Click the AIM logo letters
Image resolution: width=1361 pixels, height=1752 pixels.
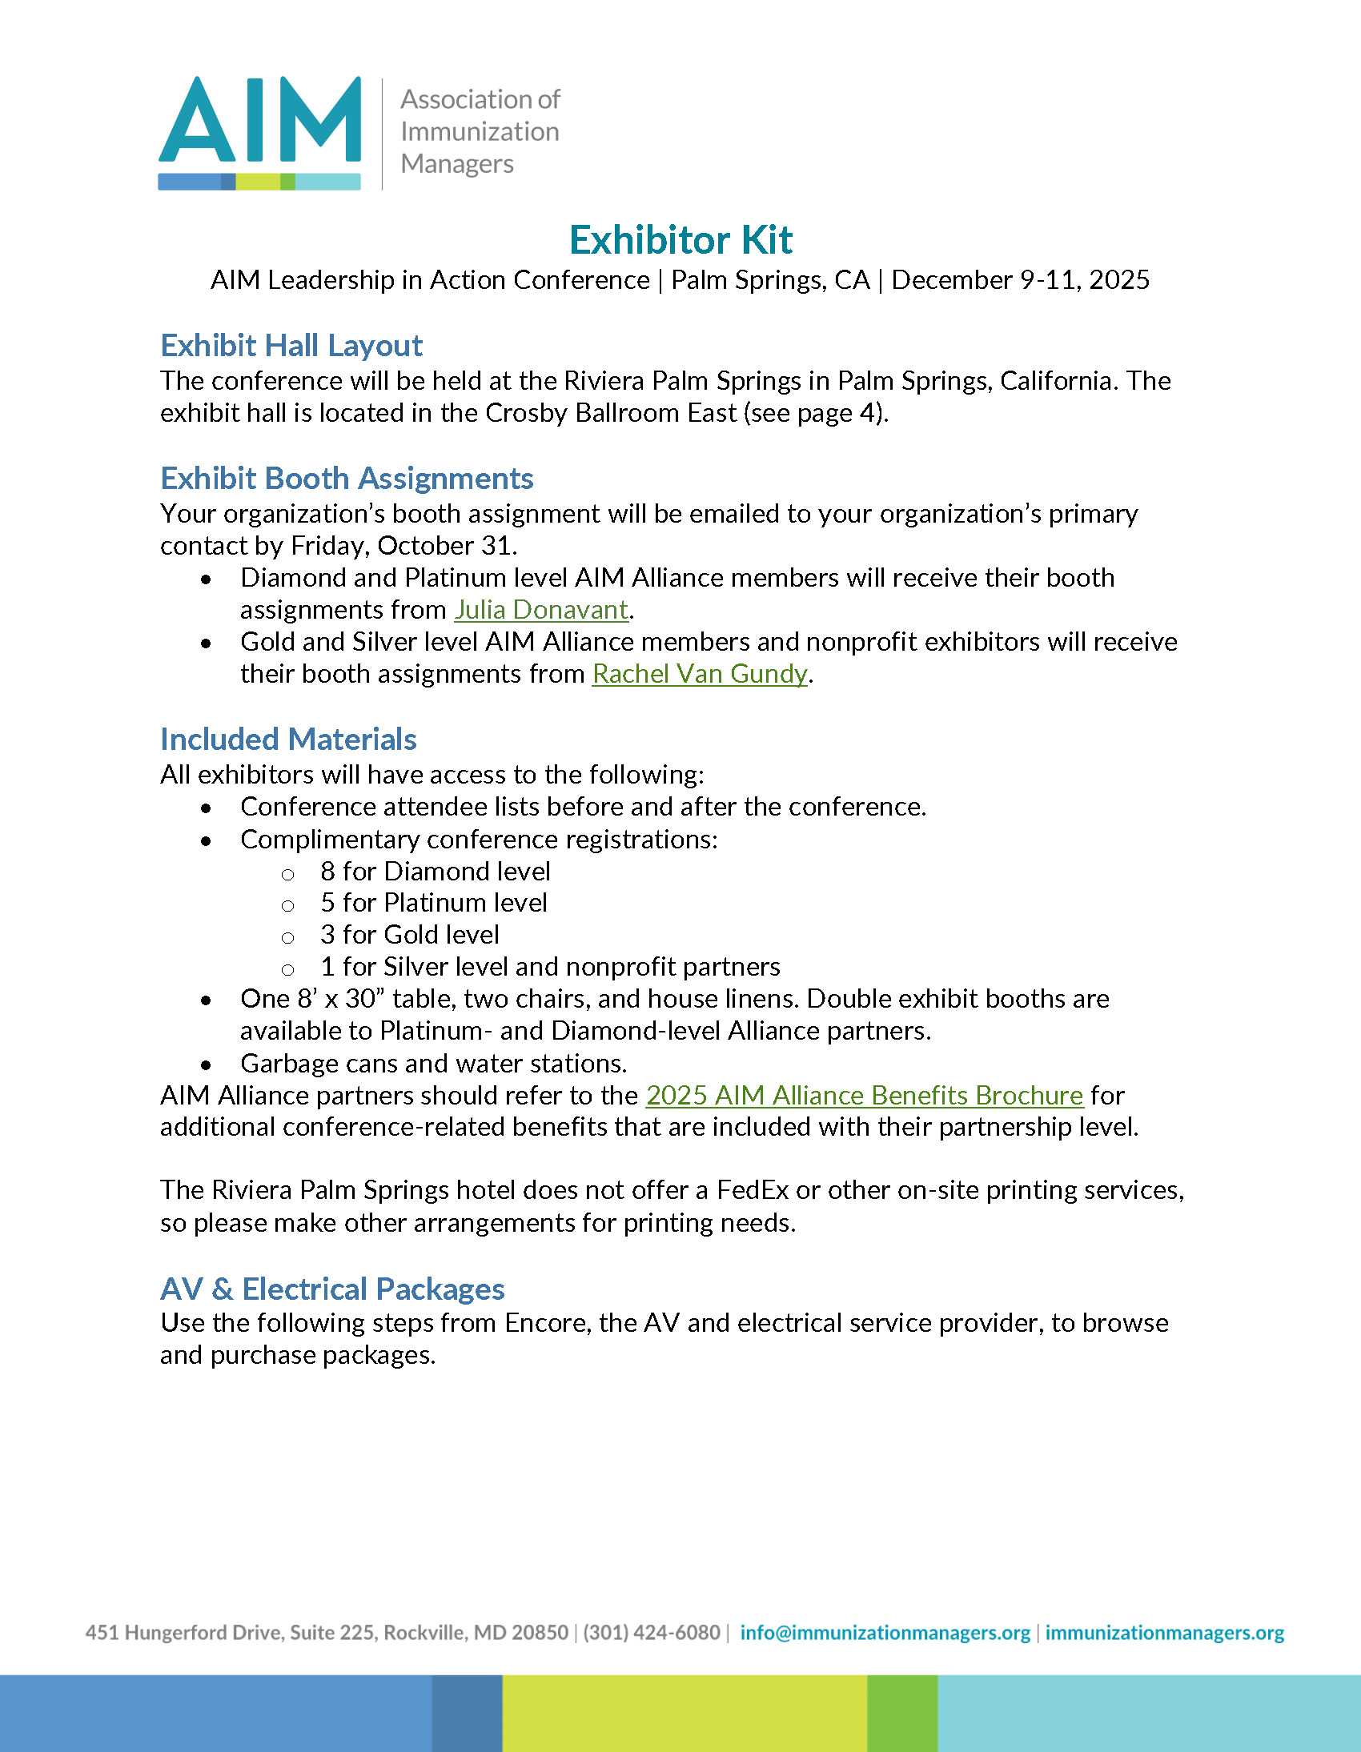[x=259, y=120]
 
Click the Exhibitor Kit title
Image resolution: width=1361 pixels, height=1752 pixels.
[x=680, y=240]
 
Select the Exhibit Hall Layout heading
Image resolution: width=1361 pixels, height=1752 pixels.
[x=291, y=346]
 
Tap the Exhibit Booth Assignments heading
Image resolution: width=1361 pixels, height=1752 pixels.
[x=347, y=479]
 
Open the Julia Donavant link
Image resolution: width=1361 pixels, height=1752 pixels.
[x=541, y=610]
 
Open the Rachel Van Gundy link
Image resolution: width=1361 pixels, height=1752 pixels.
[x=700, y=674]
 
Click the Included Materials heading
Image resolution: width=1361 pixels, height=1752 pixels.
[x=288, y=740]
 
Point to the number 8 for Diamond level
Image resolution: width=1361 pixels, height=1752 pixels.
[x=327, y=871]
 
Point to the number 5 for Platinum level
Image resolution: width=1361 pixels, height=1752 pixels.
[x=327, y=904]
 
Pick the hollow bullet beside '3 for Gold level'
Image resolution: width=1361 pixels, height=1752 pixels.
[x=287, y=938]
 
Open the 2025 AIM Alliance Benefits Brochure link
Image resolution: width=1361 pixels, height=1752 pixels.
[x=865, y=1096]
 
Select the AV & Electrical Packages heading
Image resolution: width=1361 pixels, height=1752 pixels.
[x=332, y=1289]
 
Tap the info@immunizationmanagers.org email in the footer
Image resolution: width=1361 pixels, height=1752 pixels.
[x=885, y=1633]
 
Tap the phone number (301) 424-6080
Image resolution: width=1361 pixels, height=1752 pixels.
[x=652, y=1633]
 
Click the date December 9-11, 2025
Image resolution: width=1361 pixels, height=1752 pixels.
[x=1020, y=280]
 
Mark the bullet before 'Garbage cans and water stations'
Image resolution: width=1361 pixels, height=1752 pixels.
[x=207, y=1065]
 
